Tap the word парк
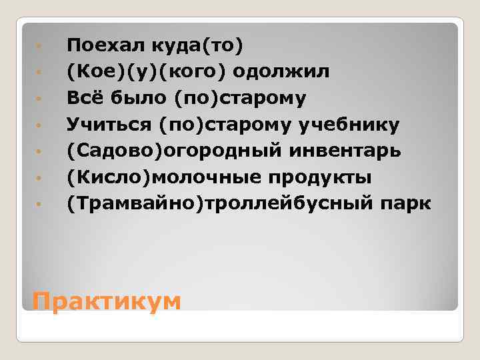tap(411, 205)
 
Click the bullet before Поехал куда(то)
tap(41, 47)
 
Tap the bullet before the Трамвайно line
tap(41, 205)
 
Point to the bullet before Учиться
tap(41, 126)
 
